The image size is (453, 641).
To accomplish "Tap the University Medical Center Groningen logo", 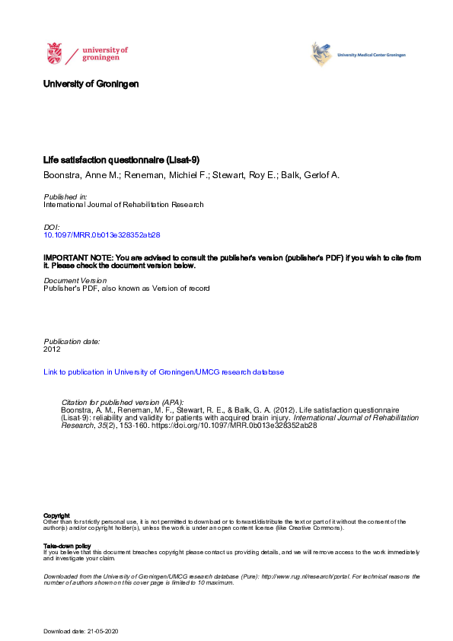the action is click(x=358, y=54).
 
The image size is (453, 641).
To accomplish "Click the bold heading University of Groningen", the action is click(x=91, y=84).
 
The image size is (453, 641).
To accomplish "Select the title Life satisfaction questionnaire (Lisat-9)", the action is click(x=121, y=161).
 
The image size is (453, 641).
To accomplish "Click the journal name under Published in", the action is click(x=123, y=205).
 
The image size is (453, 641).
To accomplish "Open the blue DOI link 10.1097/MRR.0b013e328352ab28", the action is click(x=102, y=236).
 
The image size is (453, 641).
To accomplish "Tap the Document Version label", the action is click(x=75, y=280).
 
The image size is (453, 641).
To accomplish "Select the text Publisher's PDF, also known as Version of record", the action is click(x=126, y=289).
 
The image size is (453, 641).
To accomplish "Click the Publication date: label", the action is click(x=72, y=341).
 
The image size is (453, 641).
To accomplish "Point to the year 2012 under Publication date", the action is click(x=53, y=349).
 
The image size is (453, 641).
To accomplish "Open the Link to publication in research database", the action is click(x=164, y=372).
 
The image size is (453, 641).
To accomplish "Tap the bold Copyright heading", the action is click(x=56, y=515).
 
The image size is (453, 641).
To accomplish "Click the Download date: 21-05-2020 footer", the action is click(x=81, y=632).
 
